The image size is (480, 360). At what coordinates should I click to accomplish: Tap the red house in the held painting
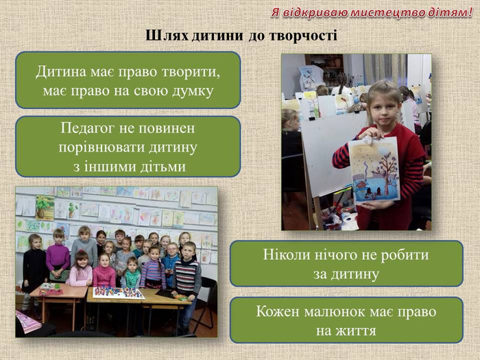[360, 186]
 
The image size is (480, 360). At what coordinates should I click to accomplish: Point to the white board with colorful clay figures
[119, 293]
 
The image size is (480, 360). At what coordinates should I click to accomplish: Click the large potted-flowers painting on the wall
[45, 208]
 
